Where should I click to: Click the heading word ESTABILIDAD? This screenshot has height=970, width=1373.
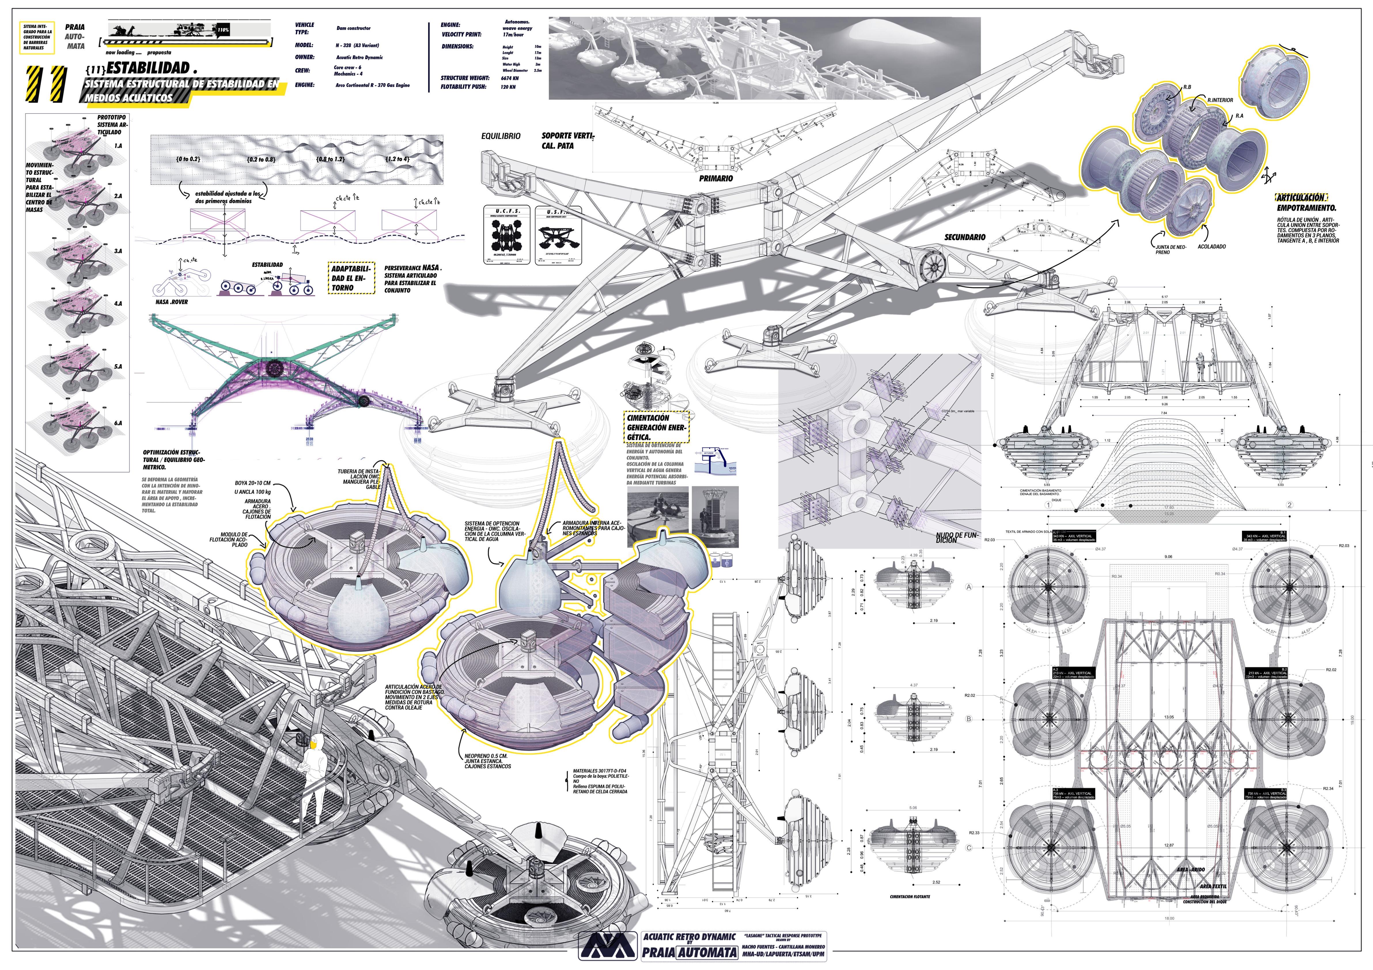coord(148,68)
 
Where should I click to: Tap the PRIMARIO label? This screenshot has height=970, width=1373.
coord(716,178)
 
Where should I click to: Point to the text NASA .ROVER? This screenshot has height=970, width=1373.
coord(172,302)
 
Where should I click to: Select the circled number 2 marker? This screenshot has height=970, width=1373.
coord(1289,505)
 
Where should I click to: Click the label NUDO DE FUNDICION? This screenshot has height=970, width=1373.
coord(957,538)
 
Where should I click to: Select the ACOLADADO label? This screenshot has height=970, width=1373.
coord(1211,246)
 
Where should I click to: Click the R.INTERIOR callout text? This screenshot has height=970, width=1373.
coord(1220,100)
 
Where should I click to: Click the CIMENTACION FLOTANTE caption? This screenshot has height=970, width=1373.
coord(910,897)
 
